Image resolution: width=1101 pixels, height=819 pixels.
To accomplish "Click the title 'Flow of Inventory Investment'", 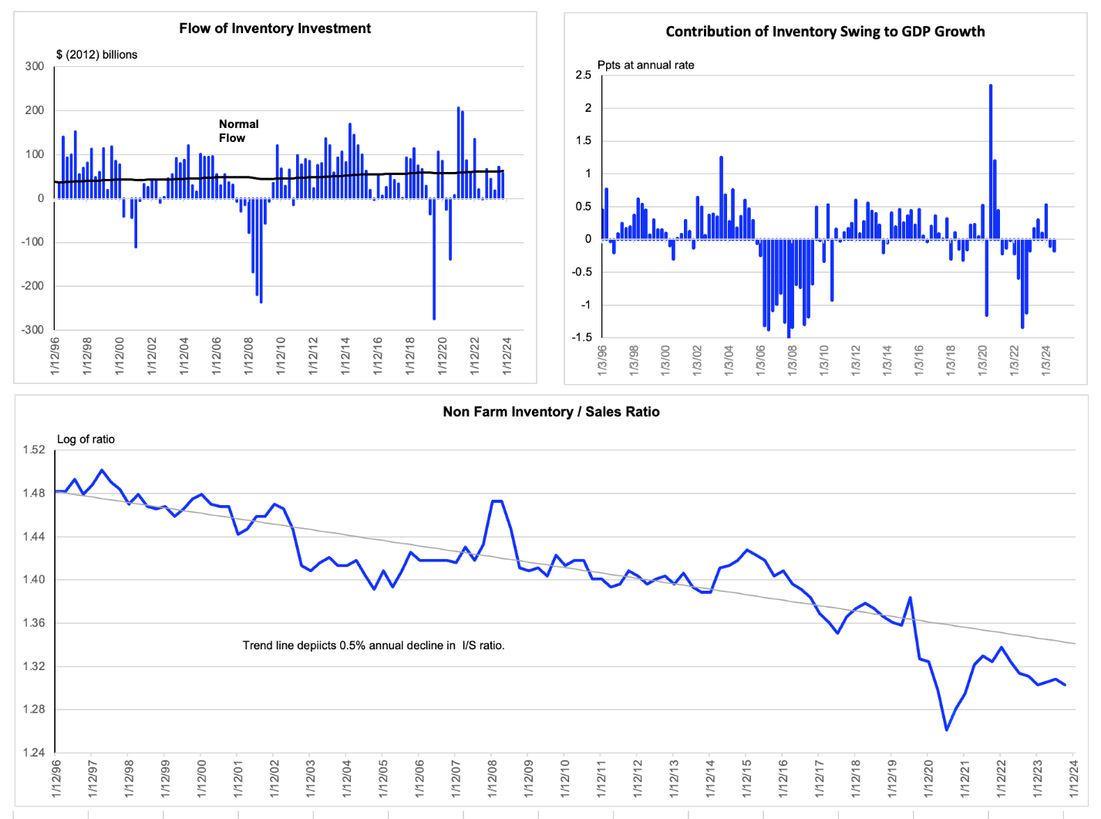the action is (x=274, y=29).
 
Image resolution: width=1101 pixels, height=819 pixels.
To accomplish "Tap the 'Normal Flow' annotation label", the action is (x=239, y=130).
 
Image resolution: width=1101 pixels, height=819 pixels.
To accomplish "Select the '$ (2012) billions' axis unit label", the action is (x=97, y=55).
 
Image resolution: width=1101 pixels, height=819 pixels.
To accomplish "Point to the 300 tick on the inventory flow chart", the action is (x=34, y=66).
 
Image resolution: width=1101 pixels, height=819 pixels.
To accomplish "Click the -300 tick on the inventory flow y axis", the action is (x=32, y=329).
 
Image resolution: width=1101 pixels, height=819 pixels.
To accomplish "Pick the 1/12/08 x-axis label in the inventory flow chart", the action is (x=249, y=356).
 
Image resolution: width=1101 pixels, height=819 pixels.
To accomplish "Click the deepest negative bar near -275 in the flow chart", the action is (x=434, y=259).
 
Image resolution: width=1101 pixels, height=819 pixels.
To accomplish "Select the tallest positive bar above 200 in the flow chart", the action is (x=458, y=153).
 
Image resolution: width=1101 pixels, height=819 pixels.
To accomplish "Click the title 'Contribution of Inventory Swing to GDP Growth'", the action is (x=825, y=32).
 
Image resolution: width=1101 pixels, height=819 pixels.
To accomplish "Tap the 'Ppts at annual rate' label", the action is (x=645, y=65).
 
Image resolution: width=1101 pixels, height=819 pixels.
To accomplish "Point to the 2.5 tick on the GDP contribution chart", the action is (x=583, y=75).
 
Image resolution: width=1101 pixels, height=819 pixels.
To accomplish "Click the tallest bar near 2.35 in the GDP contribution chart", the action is (x=990, y=162).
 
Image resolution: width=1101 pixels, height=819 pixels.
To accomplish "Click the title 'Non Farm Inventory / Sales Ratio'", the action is (x=551, y=412).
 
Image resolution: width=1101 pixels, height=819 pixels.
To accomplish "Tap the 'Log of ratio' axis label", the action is (x=86, y=439).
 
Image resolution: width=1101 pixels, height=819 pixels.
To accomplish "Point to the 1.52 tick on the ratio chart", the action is (x=34, y=450).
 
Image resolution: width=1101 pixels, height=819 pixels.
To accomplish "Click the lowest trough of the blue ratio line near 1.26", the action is (x=946, y=730).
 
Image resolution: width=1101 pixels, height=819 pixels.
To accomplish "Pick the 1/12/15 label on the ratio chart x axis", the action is (x=746, y=778).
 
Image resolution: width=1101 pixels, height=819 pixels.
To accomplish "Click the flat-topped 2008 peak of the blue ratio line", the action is (x=497, y=501).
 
